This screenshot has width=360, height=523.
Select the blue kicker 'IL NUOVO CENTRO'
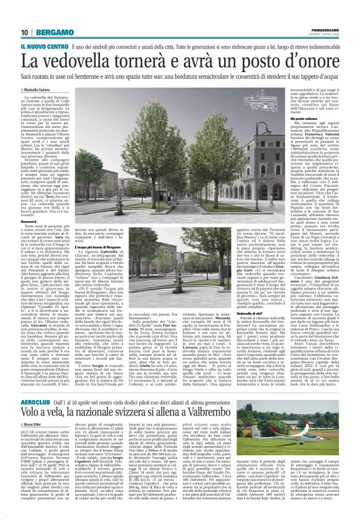pyautogui.click(x=43, y=47)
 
